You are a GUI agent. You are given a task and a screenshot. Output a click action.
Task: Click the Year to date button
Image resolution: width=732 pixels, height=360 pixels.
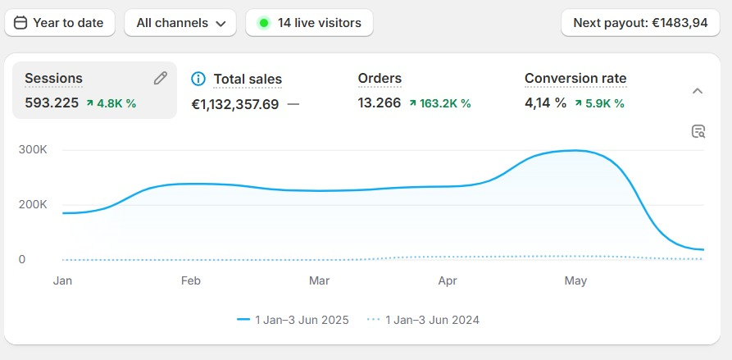click(60, 23)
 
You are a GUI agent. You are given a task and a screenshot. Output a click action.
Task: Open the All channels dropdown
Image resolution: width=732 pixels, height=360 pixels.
click(180, 23)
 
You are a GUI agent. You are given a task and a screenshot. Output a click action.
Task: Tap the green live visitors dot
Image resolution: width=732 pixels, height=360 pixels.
click(264, 23)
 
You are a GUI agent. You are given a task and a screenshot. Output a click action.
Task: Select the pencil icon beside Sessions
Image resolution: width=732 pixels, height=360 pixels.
click(161, 78)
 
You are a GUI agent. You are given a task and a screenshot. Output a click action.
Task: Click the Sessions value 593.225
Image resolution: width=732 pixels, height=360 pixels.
click(52, 103)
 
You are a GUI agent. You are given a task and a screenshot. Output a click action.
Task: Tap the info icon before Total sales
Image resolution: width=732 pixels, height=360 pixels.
click(198, 79)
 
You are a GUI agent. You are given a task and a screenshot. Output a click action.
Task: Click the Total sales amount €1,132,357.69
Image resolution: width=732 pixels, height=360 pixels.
click(235, 104)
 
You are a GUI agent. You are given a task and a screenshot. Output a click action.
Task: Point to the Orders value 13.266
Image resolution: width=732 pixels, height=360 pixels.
click(380, 103)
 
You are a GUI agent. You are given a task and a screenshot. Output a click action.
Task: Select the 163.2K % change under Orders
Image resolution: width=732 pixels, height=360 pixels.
click(440, 103)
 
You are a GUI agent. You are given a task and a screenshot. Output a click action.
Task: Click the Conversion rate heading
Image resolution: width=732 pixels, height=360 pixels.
click(575, 79)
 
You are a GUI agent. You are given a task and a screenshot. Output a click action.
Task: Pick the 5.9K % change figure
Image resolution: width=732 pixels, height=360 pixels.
click(601, 103)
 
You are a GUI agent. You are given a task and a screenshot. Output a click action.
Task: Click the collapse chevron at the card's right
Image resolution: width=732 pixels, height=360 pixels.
click(698, 90)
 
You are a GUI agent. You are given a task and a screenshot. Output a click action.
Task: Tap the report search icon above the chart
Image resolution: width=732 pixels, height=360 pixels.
click(698, 131)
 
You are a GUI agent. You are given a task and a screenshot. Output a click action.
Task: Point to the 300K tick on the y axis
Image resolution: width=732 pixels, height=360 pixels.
click(33, 150)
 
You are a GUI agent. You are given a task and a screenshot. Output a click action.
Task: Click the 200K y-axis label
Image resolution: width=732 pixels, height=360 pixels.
click(33, 204)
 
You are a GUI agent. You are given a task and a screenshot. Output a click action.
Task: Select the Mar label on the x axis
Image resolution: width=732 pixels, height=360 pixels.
click(319, 280)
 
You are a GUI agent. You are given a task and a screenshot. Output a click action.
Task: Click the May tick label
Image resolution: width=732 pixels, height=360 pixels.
click(575, 280)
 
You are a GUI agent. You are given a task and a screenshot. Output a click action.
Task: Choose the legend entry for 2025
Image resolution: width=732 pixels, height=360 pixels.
click(293, 320)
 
